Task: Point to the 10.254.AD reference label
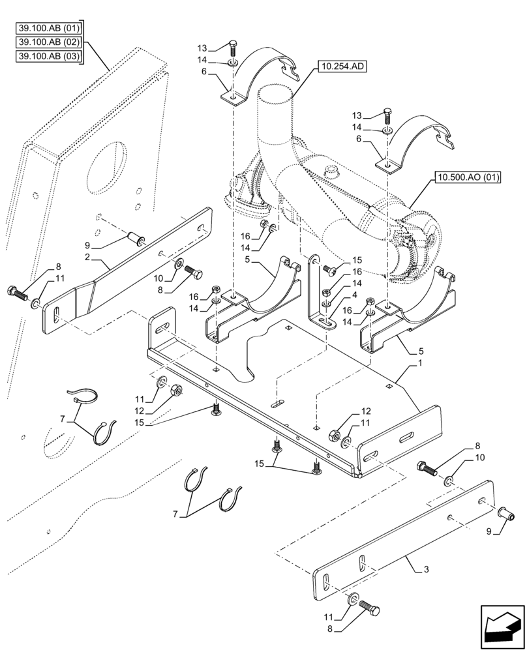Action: pyautogui.click(x=342, y=66)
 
